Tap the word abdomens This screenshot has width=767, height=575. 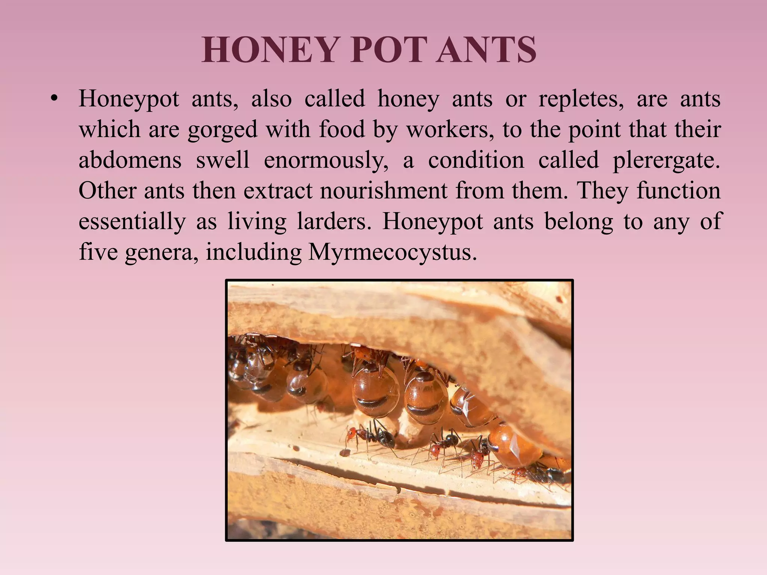(x=130, y=161)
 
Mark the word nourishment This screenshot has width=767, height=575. (x=383, y=191)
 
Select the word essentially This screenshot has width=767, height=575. (x=132, y=222)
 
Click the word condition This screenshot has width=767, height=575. (x=476, y=161)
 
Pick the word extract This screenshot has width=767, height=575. (x=278, y=191)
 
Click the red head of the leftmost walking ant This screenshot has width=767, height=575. (x=351, y=434)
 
